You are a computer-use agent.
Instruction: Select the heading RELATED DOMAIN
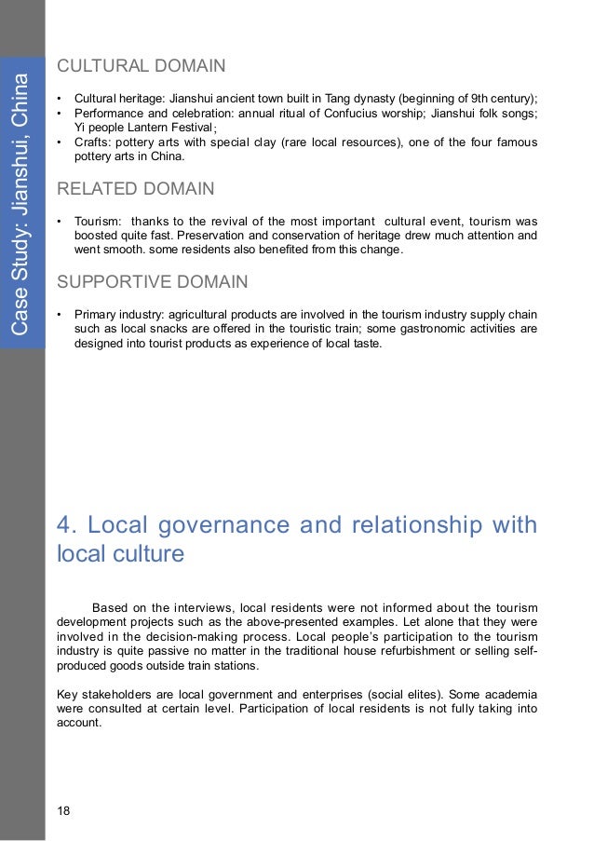pyautogui.click(x=135, y=190)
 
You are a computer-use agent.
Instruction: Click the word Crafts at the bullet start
pyautogui.click(x=92, y=142)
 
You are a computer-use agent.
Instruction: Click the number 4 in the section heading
pyautogui.click(x=63, y=527)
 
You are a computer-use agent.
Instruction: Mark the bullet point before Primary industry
pyautogui.click(x=60, y=313)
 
